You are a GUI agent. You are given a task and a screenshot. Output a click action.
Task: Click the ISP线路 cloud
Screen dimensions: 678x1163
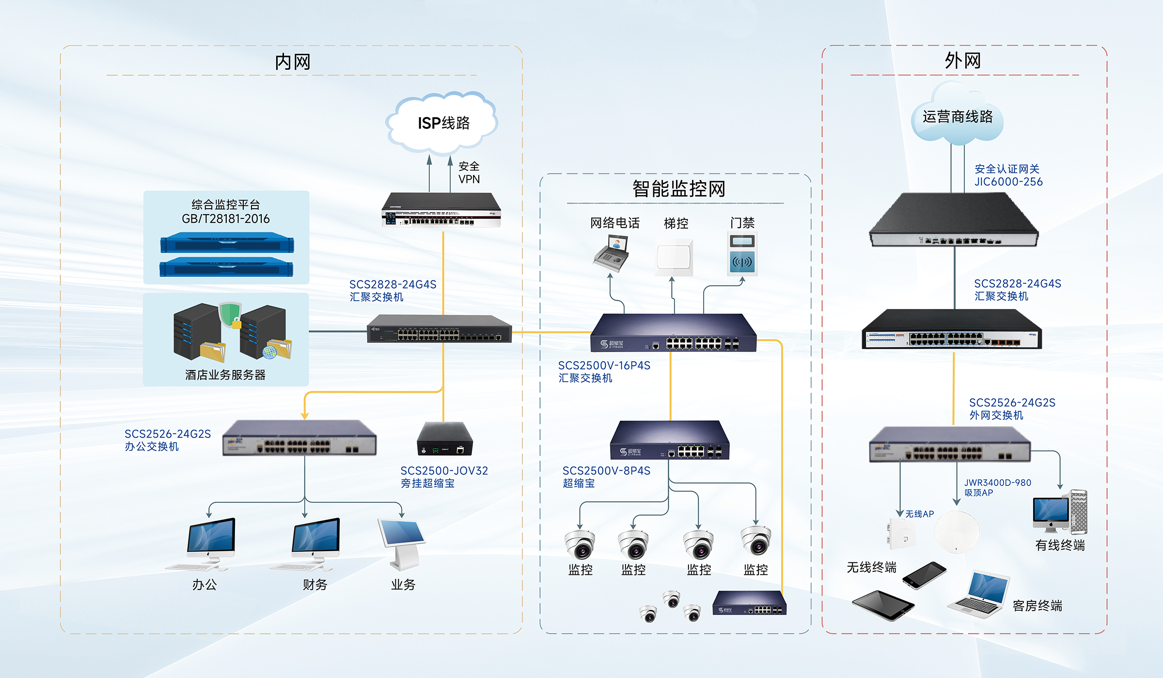point(442,123)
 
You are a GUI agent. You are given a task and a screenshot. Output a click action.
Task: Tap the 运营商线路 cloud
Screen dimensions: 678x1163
point(957,117)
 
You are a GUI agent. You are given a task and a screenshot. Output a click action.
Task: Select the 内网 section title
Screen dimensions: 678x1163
point(292,62)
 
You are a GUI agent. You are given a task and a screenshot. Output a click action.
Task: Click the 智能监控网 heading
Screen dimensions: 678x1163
point(678,189)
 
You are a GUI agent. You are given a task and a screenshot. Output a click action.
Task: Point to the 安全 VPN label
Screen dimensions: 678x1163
point(469,173)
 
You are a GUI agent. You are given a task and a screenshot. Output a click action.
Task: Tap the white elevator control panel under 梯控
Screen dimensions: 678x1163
point(674,257)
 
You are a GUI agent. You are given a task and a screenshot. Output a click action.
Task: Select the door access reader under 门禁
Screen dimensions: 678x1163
point(742,254)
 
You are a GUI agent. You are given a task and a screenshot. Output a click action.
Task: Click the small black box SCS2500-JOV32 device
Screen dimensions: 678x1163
point(444,439)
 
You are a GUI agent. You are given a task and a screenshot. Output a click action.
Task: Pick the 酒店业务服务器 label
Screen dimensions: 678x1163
point(225,375)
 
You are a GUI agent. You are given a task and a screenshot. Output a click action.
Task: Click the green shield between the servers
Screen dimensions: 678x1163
point(230,315)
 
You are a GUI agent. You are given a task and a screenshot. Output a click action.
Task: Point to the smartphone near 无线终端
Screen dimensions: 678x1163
point(924,575)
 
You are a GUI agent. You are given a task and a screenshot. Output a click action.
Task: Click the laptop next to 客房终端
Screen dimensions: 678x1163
point(980,595)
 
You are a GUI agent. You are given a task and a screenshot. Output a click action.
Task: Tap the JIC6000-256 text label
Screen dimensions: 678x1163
point(1008,182)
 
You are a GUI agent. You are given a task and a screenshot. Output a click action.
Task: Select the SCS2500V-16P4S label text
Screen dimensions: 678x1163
point(604,366)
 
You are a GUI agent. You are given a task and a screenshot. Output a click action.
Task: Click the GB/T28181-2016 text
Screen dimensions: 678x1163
point(225,219)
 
